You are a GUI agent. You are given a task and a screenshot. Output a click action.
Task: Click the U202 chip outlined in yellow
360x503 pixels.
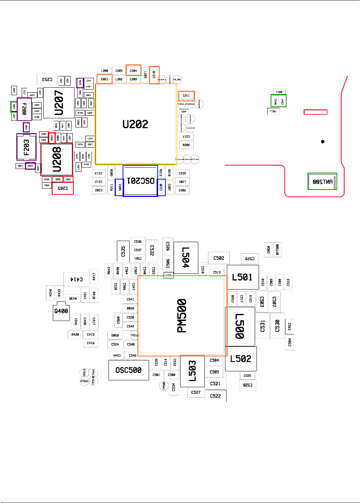click(136, 124)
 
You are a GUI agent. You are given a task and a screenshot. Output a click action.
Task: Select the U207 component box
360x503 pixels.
click(59, 102)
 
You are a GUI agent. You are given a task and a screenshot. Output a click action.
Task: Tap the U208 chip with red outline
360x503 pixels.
click(57, 160)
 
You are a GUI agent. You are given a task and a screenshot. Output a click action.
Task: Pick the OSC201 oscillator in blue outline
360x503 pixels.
click(140, 181)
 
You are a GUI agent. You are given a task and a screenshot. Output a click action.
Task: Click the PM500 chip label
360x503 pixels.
click(182, 316)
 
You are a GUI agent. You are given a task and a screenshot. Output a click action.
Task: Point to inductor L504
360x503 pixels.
click(186, 258)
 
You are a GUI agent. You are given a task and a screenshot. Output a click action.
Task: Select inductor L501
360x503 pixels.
click(242, 277)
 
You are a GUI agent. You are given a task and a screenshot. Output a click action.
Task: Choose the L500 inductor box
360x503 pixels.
click(240, 326)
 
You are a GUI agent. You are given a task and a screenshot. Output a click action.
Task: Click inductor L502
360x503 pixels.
click(241, 359)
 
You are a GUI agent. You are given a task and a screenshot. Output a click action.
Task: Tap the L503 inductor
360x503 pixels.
click(192, 371)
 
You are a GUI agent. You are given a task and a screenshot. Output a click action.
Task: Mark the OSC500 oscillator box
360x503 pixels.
click(128, 370)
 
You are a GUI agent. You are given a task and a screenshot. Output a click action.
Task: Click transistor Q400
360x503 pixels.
click(61, 311)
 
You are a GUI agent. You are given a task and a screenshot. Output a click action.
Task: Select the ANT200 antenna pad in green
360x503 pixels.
click(322, 182)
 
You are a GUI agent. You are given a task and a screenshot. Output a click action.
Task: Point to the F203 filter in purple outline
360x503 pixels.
click(26, 147)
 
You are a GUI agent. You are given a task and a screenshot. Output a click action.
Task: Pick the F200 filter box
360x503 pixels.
click(24, 109)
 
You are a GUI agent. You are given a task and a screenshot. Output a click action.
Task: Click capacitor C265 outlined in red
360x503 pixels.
click(63, 188)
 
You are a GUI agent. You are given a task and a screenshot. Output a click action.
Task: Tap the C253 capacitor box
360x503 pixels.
click(47, 79)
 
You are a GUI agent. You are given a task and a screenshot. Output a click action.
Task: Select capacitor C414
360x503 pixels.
click(76, 279)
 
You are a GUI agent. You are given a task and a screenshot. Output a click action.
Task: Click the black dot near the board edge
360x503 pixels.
click(323, 141)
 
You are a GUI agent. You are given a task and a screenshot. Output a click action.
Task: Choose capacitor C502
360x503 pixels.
click(219, 258)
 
